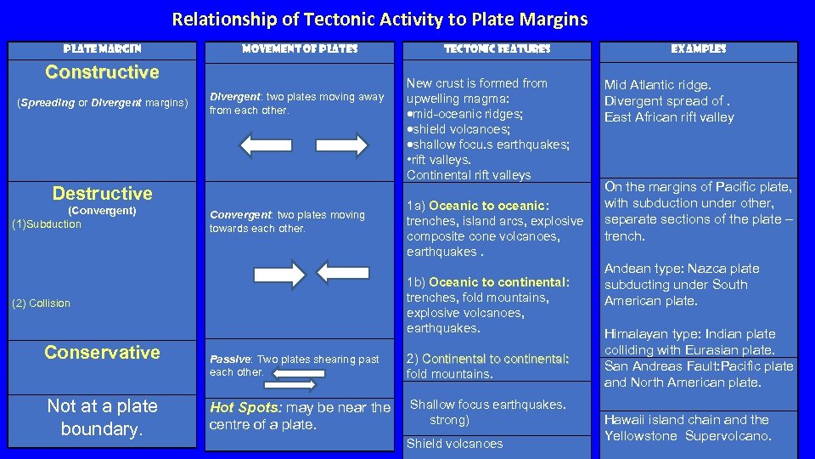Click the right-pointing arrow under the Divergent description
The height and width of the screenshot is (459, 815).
coord(342,145)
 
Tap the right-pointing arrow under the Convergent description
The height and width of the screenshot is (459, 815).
coord(279,275)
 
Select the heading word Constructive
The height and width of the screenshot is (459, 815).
coord(102,72)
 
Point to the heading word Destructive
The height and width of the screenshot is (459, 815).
coord(102,194)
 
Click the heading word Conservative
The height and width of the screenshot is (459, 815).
coord(102,353)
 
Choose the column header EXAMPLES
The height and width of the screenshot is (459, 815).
coord(698,49)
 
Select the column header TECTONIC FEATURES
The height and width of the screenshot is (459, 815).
coord(497,49)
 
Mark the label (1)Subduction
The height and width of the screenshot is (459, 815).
coord(47,224)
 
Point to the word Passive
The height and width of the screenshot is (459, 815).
coord(229,360)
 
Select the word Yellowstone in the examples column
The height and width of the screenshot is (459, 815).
coord(644,436)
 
